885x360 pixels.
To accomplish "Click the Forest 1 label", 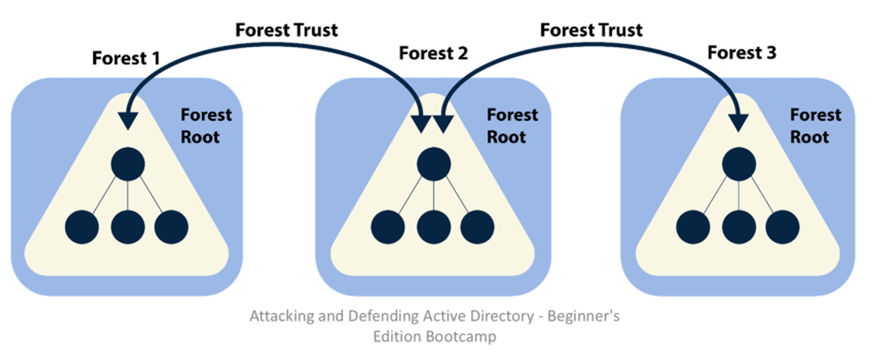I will [x=126, y=58].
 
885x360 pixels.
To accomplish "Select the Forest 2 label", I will [x=433, y=53].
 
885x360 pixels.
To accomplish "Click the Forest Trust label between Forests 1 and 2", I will [x=286, y=29].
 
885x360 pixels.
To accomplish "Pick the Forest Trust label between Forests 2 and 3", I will [x=591, y=29].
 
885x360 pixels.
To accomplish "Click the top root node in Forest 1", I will [x=128, y=164].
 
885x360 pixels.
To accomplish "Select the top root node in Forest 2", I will [x=433, y=164].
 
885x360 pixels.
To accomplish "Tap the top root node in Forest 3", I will [x=739, y=164].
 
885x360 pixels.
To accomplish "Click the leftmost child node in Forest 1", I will [x=82, y=227].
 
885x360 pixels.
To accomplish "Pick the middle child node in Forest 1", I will [x=128, y=227].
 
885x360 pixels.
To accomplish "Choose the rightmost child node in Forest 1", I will [x=171, y=227].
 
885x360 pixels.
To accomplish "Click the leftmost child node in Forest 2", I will [x=388, y=227].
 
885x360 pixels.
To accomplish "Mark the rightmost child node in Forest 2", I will [x=477, y=227].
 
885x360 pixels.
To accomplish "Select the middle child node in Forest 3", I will [x=739, y=227].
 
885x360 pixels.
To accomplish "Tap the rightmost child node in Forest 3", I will [x=783, y=227].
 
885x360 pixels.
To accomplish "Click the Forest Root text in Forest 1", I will [x=205, y=125].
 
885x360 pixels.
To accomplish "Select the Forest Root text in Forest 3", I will [x=816, y=125].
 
